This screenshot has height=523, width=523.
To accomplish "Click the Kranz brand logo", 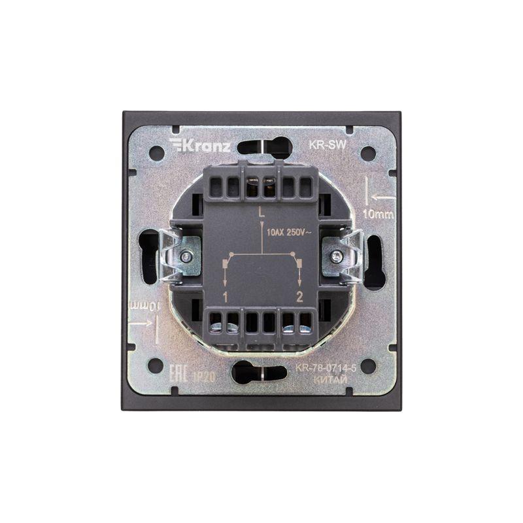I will pos(199,145).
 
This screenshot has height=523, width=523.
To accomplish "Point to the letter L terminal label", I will pos(261,212).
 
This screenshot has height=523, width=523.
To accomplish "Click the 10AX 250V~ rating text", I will pos(288,231).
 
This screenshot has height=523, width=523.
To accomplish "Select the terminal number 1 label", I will pos(225,297).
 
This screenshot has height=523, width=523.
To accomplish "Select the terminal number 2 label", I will pos(300,297).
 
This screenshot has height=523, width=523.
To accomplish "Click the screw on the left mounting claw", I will pos(186,257).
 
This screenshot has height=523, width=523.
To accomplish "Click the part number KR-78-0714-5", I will pos(326,367).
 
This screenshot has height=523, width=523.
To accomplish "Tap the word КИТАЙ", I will pos(326,378).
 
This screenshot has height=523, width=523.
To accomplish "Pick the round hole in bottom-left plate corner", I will pos(156,366).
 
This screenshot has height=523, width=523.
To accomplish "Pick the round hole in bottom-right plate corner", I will pos(368,366).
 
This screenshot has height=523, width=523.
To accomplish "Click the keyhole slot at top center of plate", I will pos(261,146).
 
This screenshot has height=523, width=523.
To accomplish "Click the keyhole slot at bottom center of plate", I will pos(261,373).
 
